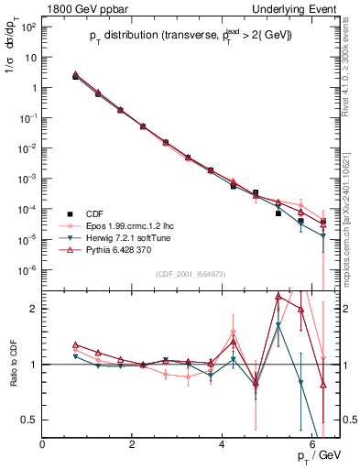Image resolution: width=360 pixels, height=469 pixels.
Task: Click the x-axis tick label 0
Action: click(43, 444)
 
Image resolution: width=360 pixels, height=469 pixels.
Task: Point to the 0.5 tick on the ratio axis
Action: click(32, 420)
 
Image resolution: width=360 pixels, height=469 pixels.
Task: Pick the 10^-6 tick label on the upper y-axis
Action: click(27, 269)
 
